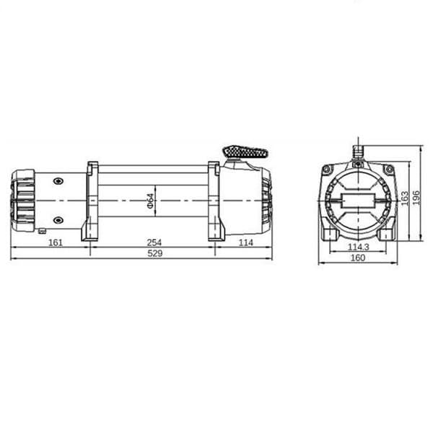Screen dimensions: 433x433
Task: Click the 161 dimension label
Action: tap(56, 242)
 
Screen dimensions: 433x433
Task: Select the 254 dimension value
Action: tap(154, 242)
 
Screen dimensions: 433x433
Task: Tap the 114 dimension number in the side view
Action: tap(246, 242)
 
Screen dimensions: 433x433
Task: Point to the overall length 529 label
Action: tap(155, 253)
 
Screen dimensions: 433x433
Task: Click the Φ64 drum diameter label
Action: tap(150, 201)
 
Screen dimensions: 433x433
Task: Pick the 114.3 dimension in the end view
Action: tap(358, 247)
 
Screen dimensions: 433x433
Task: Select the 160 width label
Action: tap(358, 258)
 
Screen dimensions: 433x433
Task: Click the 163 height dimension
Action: tap(404, 198)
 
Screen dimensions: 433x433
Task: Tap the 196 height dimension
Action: tap(416, 198)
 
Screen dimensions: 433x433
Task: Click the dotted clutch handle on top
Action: tap(245, 152)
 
